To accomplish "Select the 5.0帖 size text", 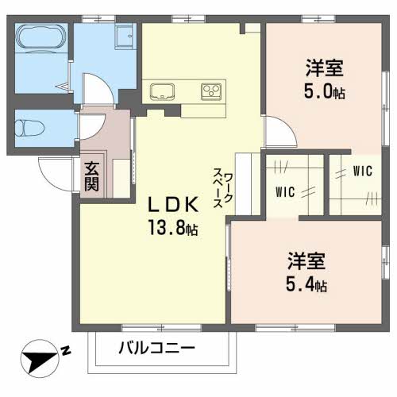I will coord(325,91).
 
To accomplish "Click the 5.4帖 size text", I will coord(306,283).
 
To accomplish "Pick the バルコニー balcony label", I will coord(156,348).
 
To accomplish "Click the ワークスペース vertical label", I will coord(223,188).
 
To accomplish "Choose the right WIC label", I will coord(362,169).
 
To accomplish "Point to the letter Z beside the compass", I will coord(67,349).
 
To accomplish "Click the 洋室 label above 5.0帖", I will coord(324,68).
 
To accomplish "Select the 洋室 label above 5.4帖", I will coord(306,260).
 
